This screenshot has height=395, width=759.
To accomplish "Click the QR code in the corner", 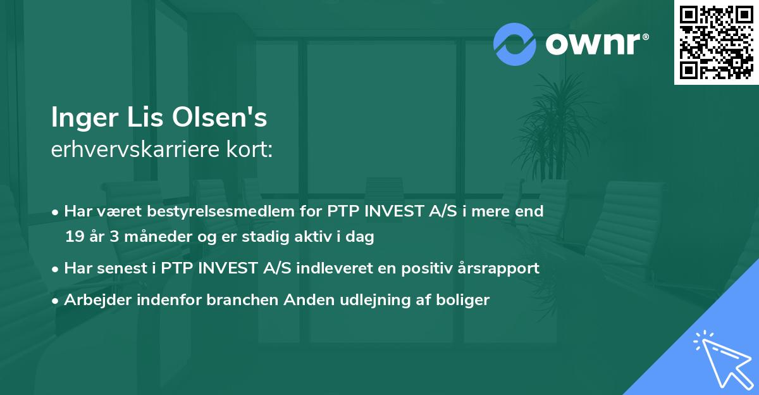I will pos(715,42).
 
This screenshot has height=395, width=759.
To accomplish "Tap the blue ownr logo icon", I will pos(515,44).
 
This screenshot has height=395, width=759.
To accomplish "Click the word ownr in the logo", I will pos(595,44).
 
